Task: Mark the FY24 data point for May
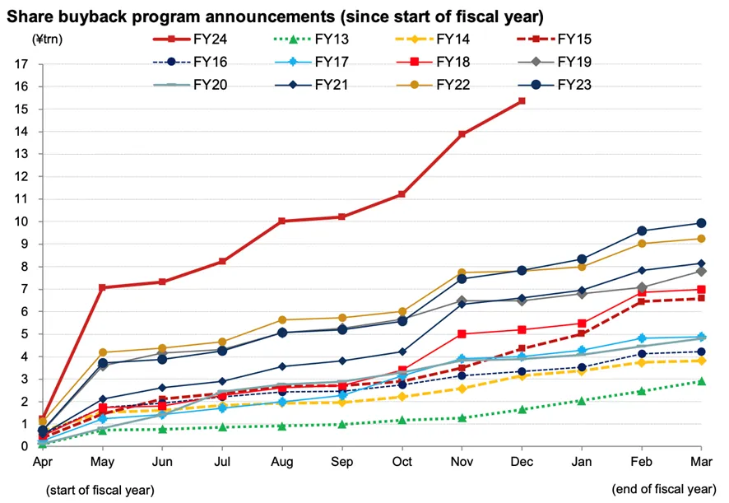pos(102,287)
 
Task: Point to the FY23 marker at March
pos(701,223)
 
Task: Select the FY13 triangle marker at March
pos(701,381)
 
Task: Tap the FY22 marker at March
pos(701,239)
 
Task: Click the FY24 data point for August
pos(282,221)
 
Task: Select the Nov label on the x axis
pos(462,462)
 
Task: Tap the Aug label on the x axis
pos(282,462)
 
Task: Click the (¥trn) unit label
pos(48,39)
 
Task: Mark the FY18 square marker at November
pos(462,333)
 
